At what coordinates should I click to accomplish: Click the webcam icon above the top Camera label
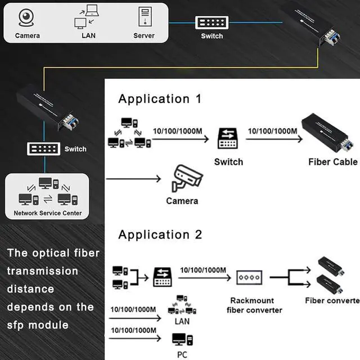click(x=27, y=18)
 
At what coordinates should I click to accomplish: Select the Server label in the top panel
click(x=144, y=36)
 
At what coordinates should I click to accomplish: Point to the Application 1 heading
click(x=160, y=99)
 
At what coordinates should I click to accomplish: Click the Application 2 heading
click(x=160, y=235)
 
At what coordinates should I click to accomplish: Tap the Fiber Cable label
click(x=332, y=162)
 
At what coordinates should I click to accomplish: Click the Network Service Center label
click(x=48, y=213)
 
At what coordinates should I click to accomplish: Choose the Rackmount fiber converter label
click(x=254, y=305)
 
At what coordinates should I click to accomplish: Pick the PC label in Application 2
click(x=181, y=354)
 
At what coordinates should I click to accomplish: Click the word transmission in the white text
click(x=43, y=271)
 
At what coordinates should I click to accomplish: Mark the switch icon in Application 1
click(x=228, y=138)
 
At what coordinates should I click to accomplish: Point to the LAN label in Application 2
click(x=182, y=322)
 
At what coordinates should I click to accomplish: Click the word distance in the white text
click(x=30, y=289)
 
